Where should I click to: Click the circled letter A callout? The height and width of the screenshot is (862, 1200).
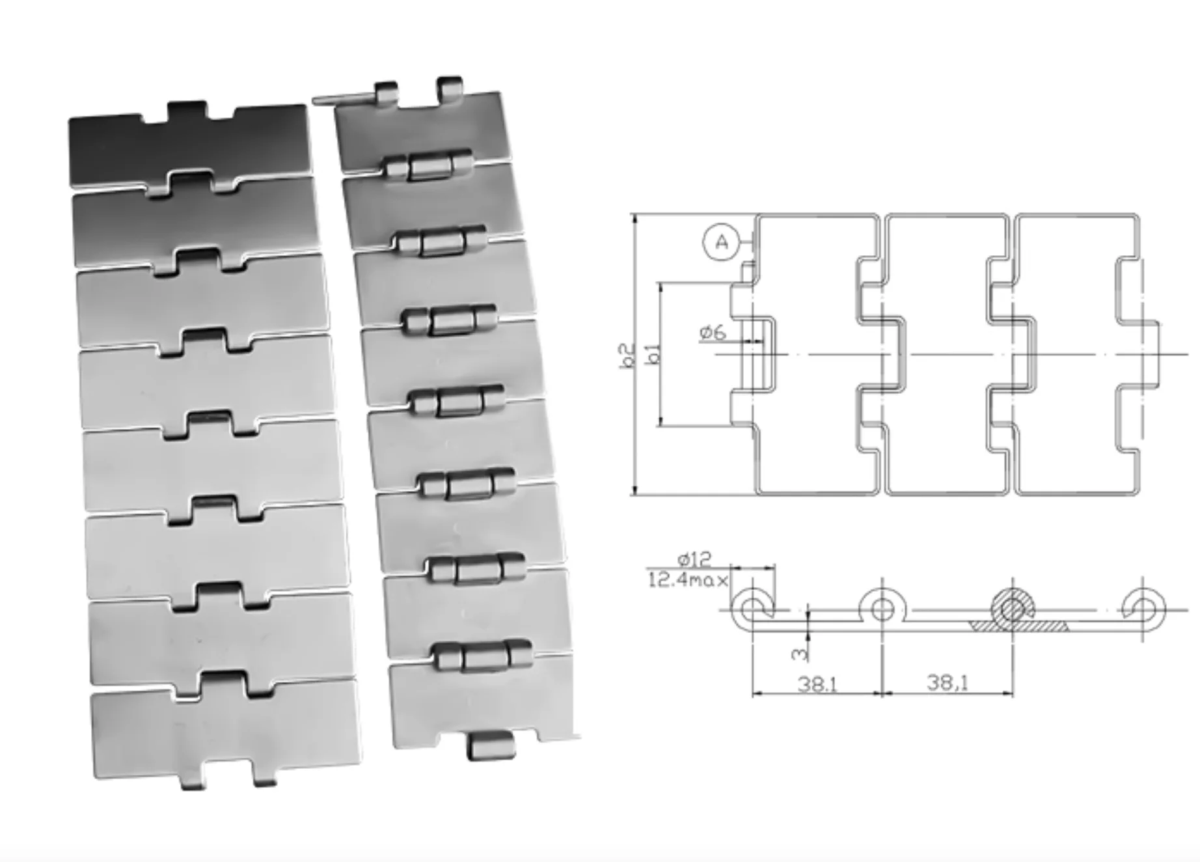pos(721,242)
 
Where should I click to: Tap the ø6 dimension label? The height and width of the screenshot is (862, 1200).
pos(713,333)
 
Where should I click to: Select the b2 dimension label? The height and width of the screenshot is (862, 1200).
pos(627,355)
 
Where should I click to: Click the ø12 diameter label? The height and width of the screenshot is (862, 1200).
pos(694,559)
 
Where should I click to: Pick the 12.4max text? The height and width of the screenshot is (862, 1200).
pos(687,579)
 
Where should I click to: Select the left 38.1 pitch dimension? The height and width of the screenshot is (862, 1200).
pos(817,684)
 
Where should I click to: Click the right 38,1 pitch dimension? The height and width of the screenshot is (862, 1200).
pos(947,682)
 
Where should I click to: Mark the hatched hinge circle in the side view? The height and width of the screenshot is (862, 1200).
pos(1012,609)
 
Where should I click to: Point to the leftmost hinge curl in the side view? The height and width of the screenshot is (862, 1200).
pos(752,609)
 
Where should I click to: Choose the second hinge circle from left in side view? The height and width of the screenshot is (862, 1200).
pos(882,609)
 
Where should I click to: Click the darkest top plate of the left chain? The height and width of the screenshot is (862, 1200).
pos(189,146)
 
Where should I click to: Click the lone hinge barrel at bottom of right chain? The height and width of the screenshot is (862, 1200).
pos(490,745)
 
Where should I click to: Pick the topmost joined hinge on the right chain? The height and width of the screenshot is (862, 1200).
pos(428,167)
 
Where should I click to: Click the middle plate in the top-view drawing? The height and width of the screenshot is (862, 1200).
pos(947,355)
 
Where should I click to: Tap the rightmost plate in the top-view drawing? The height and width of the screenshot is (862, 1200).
pos(1074,355)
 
